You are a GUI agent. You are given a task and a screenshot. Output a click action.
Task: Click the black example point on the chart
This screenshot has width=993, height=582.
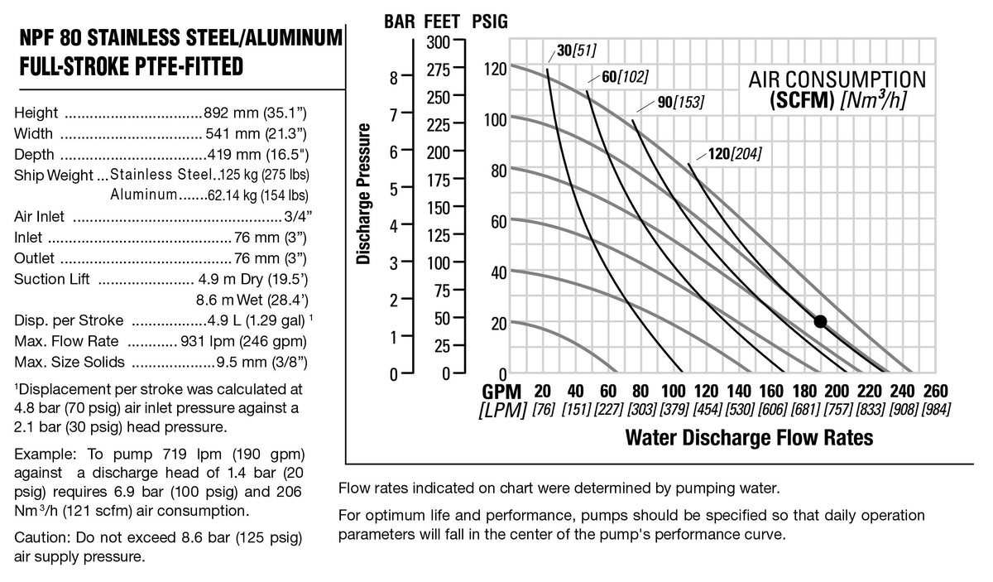point(820,321)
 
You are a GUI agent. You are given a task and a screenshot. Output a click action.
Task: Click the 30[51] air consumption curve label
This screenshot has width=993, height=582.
point(576,51)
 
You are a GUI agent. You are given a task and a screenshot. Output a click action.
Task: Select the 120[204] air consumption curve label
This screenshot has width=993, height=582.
point(735,154)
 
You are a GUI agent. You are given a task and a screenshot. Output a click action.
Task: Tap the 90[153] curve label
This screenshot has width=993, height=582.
point(680,102)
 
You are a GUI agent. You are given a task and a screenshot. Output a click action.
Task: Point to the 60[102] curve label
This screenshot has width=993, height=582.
point(625,77)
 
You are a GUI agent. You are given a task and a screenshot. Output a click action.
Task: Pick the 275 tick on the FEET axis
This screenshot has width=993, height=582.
point(438,70)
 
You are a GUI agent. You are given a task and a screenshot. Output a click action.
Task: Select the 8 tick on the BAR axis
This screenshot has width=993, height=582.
point(394,79)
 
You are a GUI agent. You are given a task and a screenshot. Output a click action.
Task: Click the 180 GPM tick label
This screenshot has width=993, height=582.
point(804,392)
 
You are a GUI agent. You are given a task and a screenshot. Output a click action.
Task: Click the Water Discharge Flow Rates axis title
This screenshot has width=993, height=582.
point(749,437)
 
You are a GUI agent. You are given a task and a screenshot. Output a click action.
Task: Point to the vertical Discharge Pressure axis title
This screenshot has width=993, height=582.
point(363,194)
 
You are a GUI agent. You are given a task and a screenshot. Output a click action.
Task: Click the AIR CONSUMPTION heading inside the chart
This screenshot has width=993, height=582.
point(837,79)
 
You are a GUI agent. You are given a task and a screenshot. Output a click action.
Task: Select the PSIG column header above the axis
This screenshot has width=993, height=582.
point(490,22)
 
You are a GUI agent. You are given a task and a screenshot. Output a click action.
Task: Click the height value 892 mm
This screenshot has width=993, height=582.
point(231,113)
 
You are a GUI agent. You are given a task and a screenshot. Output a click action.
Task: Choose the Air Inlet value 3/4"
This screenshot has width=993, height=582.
point(299,216)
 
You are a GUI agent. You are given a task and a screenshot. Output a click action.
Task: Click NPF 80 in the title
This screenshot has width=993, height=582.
point(51,38)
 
